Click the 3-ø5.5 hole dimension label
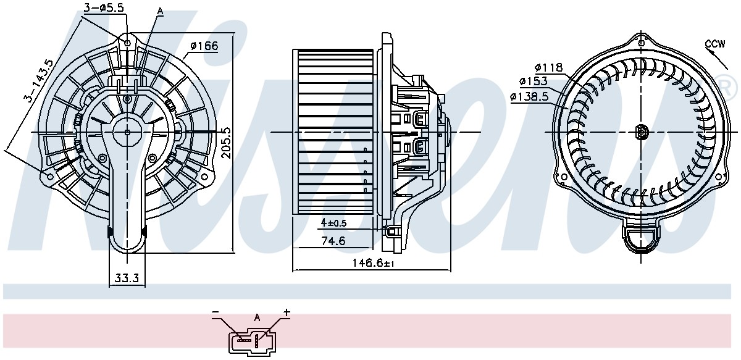[x=104, y=7]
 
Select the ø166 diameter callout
[x=204, y=46]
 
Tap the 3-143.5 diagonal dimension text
[x=38, y=81]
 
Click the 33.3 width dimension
[x=127, y=278]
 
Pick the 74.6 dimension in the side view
[x=333, y=241]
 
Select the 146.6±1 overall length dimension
[x=373, y=263]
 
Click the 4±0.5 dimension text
[x=333, y=223]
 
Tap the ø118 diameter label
[x=548, y=68]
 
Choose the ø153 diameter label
[x=534, y=81]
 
